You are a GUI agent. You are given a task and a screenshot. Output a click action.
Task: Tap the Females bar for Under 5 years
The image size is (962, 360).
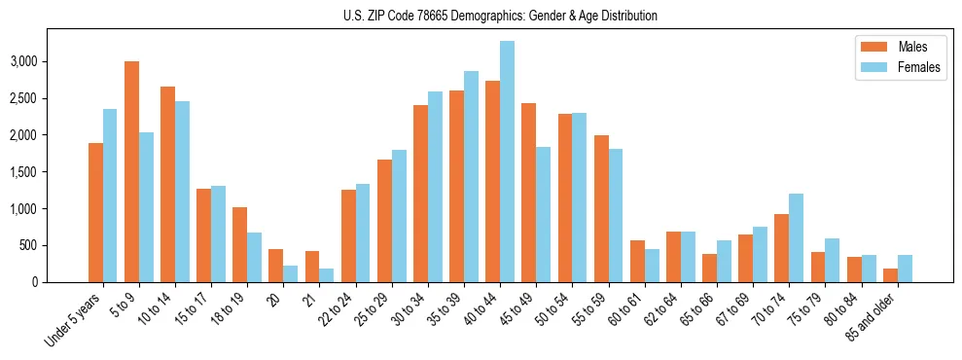coord(110,196)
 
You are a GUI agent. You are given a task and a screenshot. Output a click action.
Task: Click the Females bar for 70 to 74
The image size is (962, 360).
coord(797,238)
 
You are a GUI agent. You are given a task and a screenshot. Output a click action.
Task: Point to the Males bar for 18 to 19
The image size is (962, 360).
coord(240,244)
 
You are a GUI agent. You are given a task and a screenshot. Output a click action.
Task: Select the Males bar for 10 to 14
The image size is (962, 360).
coord(167,184)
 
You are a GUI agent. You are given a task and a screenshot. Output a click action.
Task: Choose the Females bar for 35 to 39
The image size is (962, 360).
coord(472,176)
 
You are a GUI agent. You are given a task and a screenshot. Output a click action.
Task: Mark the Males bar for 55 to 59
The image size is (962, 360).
coord(601,208)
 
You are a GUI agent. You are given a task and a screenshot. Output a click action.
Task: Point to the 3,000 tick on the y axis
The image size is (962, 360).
coord(50,61)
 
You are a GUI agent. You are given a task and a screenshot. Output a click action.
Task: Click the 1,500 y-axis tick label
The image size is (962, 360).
coord(50,172)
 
